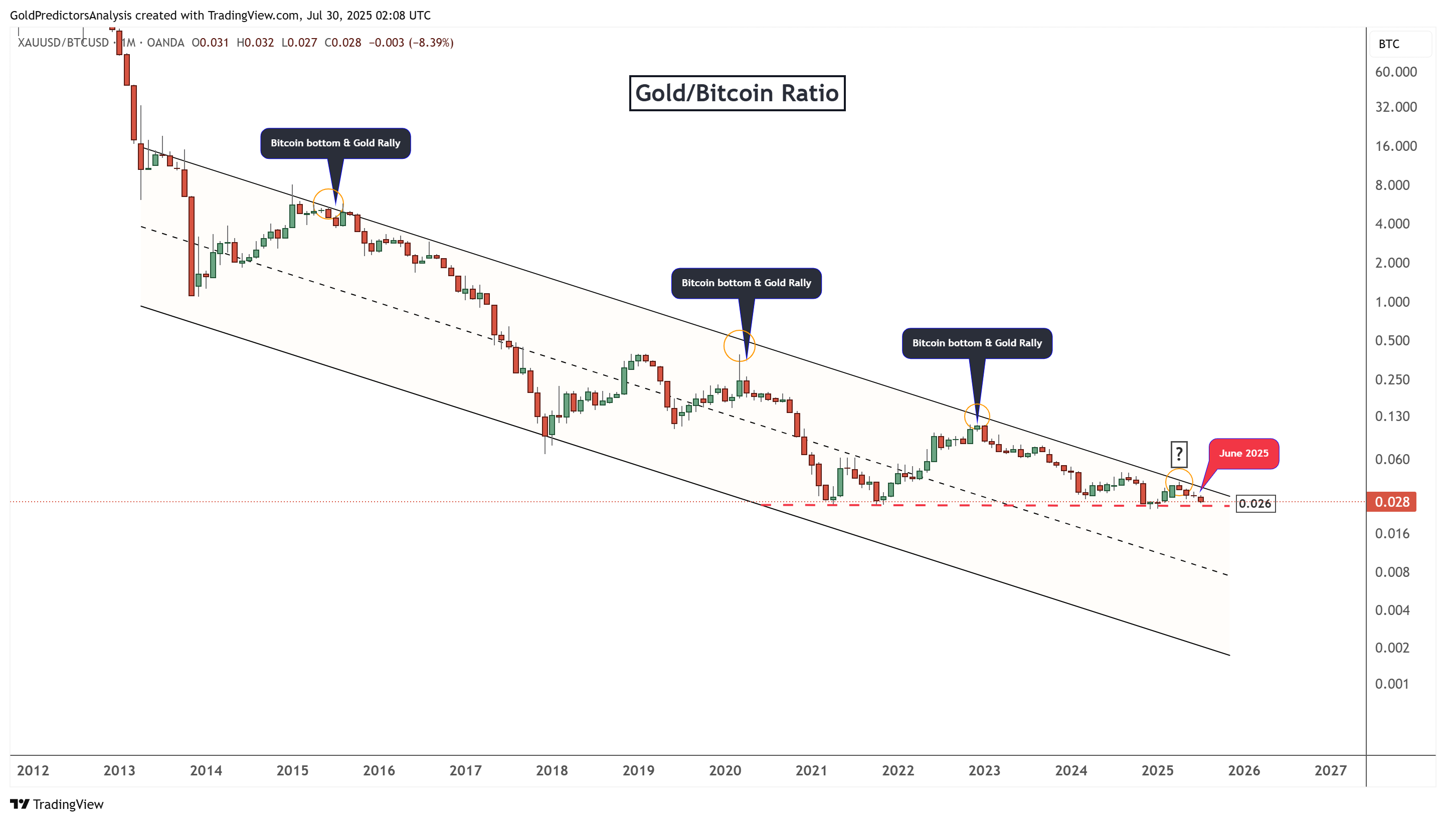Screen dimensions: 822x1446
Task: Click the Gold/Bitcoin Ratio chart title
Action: click(x=737, y=93)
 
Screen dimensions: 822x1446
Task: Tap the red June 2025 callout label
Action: click(x=1243, y=453)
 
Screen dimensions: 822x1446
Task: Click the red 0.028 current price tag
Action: click(x=1391, y=502)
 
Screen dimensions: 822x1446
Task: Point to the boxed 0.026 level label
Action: click(x=1254, y=504)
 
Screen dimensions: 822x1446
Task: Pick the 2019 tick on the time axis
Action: click(x=638, y=771)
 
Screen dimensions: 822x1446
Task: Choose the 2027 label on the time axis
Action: click(x=1330, y=771)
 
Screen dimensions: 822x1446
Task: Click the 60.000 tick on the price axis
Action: click(x=1395, y=72)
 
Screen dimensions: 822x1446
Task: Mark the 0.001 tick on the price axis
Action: click(x=1391, y=684)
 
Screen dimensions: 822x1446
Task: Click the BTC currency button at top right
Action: click(x=1389, y=44)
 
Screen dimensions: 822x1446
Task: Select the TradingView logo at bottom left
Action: click(x=57, y=804)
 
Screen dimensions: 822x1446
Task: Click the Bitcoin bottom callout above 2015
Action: click(x=335, y=143)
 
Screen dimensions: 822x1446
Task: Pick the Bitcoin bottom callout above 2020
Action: click(x=746, y=283)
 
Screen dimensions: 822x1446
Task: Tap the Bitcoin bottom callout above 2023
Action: click(x=977, y=343)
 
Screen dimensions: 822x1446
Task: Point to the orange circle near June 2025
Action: click(x=1179, y=482)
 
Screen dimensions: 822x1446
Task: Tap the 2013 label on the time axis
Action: click(x=119, y=771)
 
